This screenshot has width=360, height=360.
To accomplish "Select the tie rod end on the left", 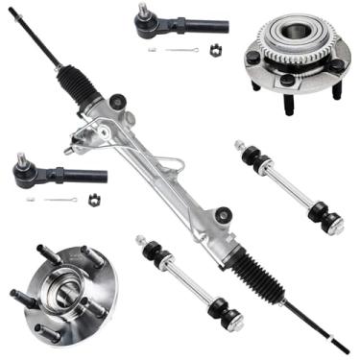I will point(58,174).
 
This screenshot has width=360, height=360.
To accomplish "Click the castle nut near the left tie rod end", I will point(94,200).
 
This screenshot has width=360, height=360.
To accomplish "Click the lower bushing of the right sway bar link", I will point(331,223).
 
